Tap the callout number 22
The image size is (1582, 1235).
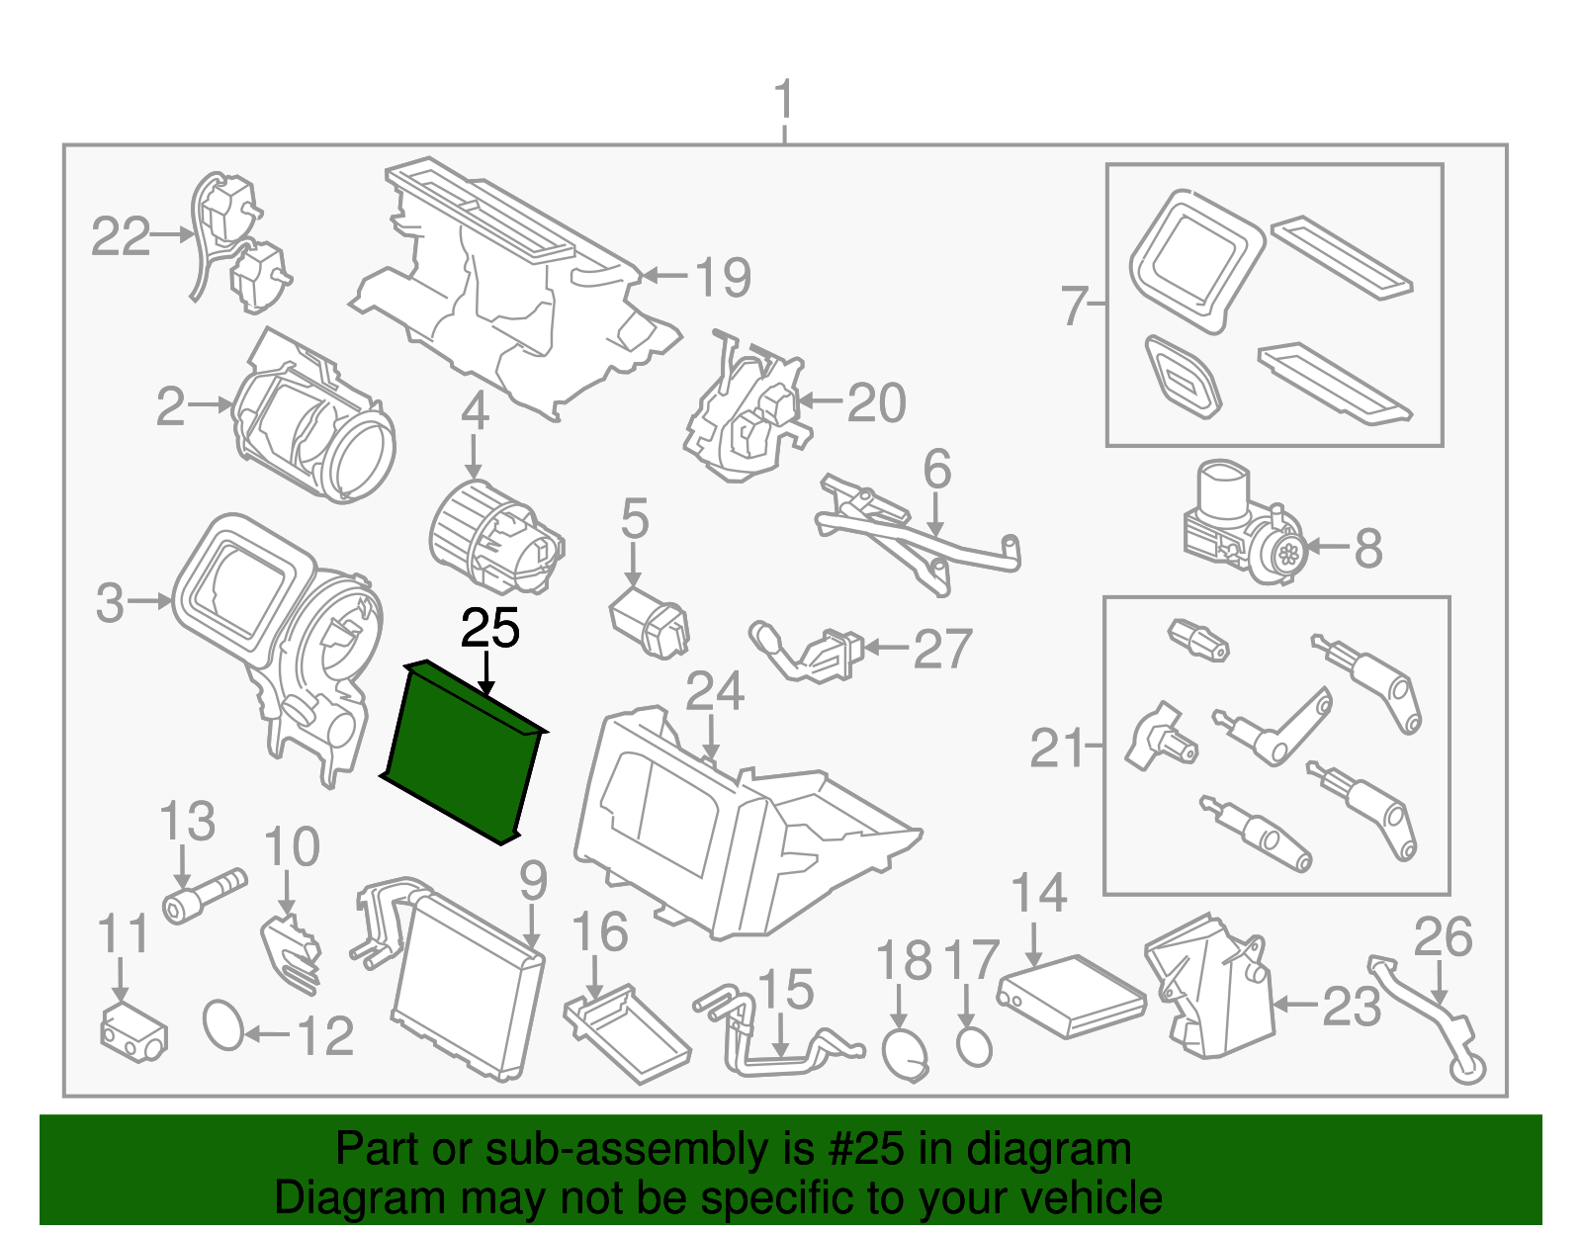[121, 237]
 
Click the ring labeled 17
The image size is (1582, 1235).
[974, 1045]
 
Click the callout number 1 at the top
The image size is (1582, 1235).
[783, 101]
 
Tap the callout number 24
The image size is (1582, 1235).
[714, 692]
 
